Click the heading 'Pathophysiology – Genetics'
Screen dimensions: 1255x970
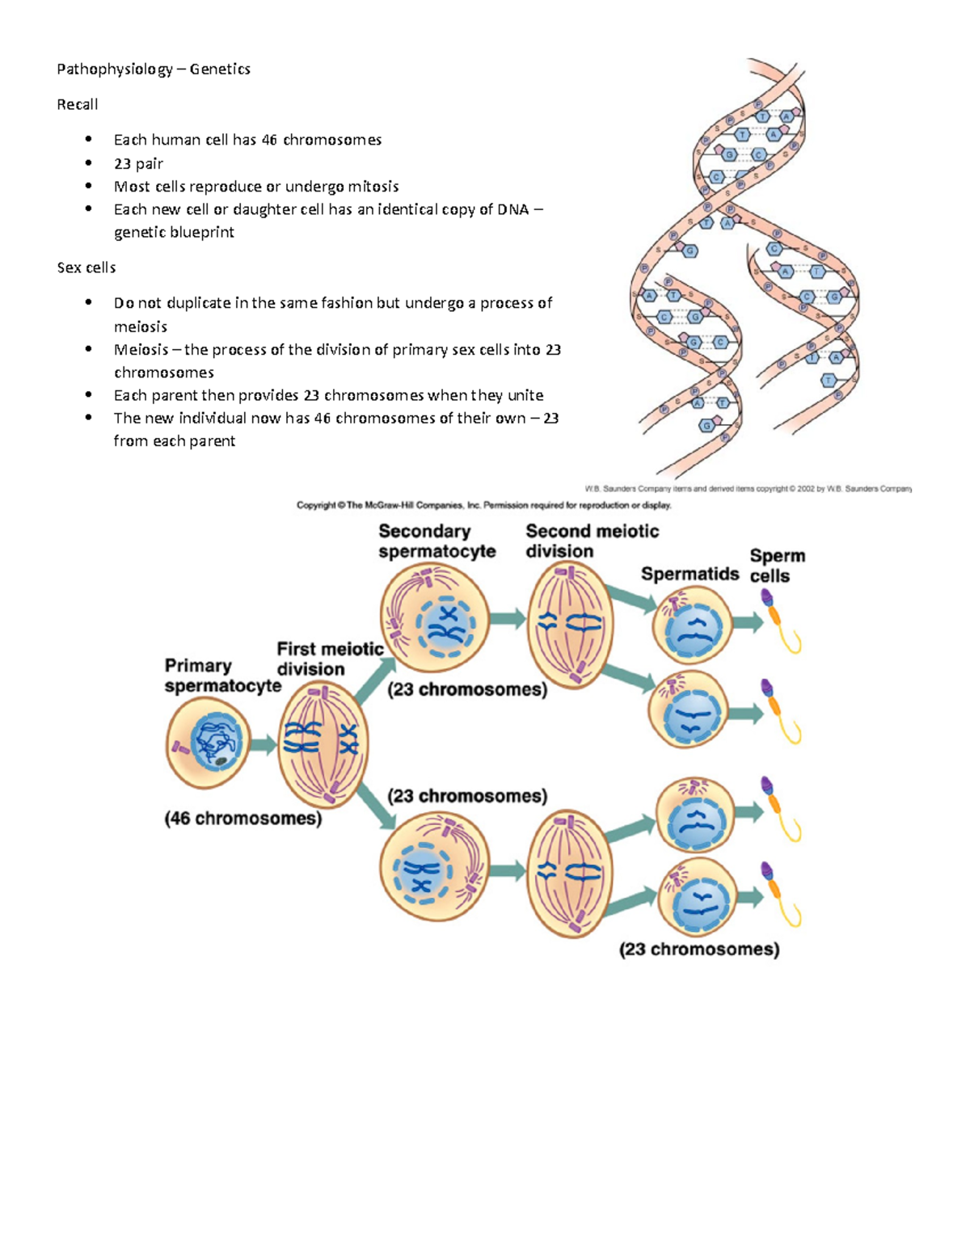(x=153, y=69)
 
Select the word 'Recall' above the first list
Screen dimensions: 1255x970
(x=77, y=105)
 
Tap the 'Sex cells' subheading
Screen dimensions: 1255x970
(x=86, y=267)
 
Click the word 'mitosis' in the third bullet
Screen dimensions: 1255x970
(x=373, y=187)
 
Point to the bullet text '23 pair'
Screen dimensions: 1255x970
(x=138, y=164)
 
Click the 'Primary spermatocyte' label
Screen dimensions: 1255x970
(x=221, y=676)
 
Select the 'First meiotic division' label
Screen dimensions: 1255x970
(x=329, y=659)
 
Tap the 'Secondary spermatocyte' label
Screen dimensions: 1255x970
(x=436, y=541)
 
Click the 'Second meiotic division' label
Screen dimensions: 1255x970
(x=592, y=541)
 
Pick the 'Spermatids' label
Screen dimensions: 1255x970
(x=690, y=574)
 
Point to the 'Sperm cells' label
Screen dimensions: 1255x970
(x=777, y=566)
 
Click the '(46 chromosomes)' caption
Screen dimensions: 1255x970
(x=242, y=819)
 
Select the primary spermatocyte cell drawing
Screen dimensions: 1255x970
(x=209, y=743)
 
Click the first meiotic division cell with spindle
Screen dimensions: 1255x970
(x=323, y=744)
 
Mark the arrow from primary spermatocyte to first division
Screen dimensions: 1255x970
(x=263, y=743)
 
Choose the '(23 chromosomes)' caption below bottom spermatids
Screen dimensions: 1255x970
(x=699, y=950)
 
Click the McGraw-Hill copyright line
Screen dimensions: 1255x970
(x=483, y=506)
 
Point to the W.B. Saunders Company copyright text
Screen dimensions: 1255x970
(x=748, y=489)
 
